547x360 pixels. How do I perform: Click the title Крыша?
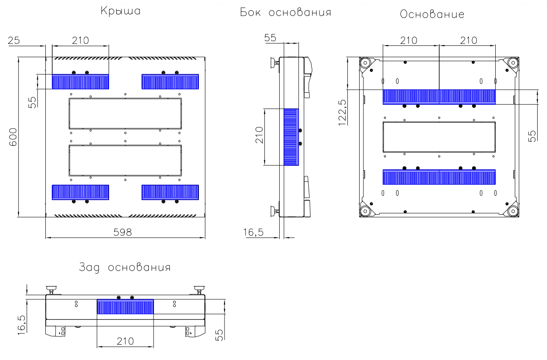121,11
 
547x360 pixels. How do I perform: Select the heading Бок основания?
286,12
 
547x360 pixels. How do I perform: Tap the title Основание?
432,14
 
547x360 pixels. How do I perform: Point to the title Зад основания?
125,268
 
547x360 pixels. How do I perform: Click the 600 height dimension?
13,137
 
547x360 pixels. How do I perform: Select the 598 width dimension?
123,232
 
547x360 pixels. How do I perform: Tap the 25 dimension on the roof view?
14,41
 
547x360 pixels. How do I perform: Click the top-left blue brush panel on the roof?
80,82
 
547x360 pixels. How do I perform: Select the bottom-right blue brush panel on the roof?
170,192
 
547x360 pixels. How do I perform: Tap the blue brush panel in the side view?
291,137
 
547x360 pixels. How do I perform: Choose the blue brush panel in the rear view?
125,307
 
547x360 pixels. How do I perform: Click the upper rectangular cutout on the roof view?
125,113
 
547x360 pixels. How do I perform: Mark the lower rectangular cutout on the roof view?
125,160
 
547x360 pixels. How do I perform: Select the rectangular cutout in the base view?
439,137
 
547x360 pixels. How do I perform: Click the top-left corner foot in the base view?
366,63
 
